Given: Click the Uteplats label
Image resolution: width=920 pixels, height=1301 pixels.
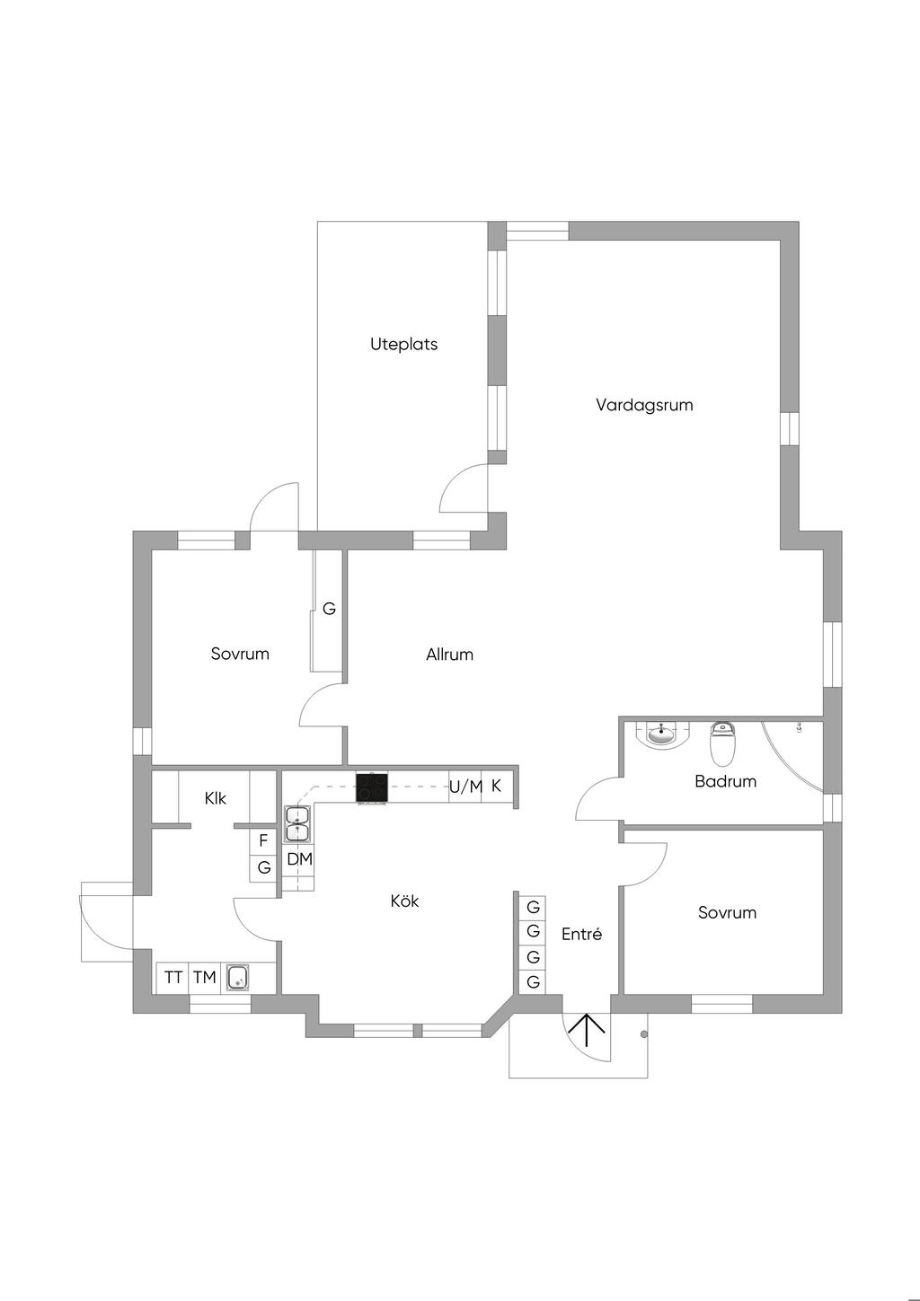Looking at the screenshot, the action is coord(403,345).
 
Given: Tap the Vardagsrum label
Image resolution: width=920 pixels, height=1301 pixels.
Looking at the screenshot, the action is coord(644,405).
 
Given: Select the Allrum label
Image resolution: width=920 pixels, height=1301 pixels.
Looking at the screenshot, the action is coord(449,655).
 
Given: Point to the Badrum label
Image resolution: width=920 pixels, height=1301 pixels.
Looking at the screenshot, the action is coord(725,781).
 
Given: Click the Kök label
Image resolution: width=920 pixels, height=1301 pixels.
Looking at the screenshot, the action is coord(404,901).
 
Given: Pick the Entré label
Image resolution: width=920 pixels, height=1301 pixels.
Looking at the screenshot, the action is coord(582,934).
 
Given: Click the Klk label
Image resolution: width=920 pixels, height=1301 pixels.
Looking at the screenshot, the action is coord(215,798).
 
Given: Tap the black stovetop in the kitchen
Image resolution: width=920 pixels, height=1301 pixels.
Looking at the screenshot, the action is coord(372,788).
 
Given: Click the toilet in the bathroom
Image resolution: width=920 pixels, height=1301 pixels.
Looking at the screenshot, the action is coord(722,743).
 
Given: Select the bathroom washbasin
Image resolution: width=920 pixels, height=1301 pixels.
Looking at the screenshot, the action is coord(661,734).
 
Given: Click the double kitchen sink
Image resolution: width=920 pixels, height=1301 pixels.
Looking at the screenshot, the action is coord(297,824).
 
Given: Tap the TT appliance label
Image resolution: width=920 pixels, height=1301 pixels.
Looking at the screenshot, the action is coord(173,978).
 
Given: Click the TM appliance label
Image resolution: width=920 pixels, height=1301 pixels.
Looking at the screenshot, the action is coord(205,978).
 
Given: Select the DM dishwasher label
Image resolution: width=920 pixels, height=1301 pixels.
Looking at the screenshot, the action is coord(300,859).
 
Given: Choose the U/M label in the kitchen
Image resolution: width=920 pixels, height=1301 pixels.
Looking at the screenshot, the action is coord(465,787).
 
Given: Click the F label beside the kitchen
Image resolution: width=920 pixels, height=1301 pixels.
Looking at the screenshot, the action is coord(263,840).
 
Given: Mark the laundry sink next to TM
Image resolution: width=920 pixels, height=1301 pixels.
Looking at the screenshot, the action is coord(238,978).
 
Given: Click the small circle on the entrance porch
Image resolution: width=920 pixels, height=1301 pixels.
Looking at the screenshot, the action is coord(643,1034).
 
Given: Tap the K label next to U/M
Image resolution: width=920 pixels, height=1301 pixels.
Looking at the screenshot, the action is coord(496,786).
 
